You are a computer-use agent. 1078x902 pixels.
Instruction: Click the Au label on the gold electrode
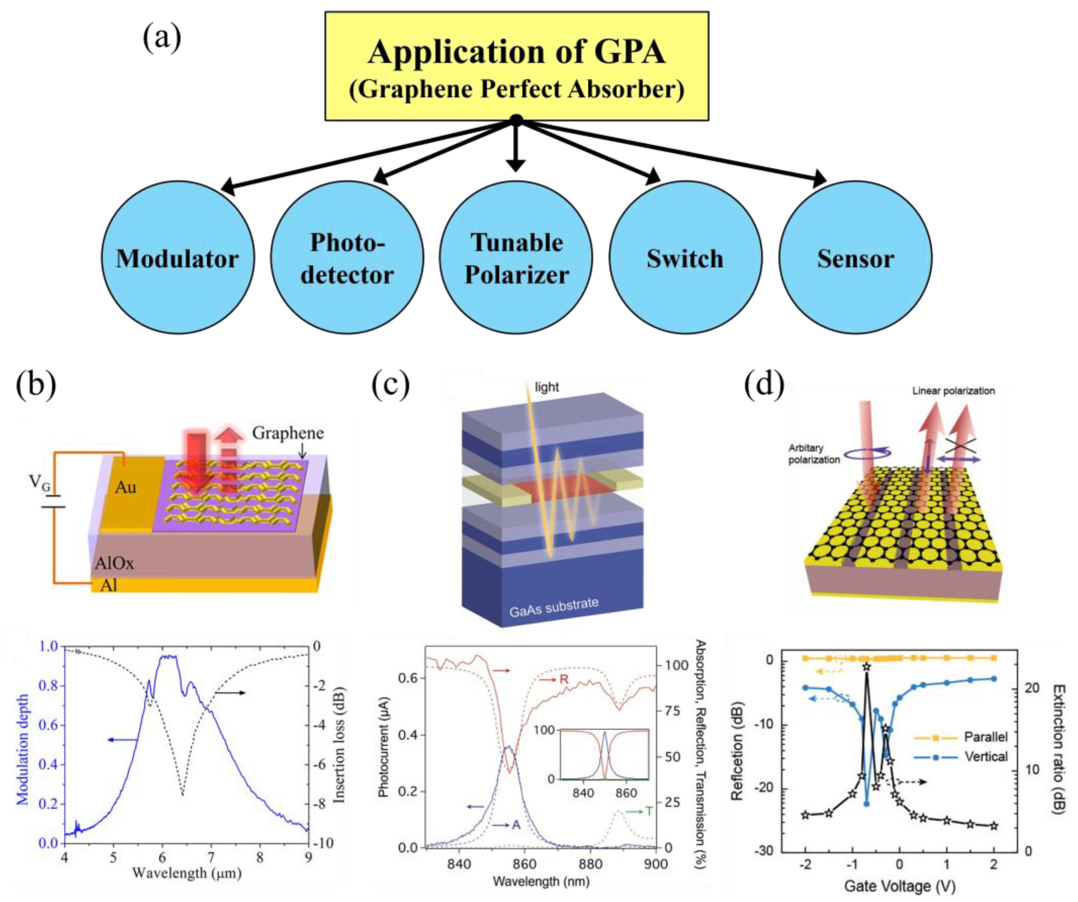pos(126,487)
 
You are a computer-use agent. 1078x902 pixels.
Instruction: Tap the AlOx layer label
pos(114,563)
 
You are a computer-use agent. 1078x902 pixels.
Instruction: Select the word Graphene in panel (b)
pos(288,433)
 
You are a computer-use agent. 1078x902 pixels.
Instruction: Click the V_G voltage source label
pos(39,482)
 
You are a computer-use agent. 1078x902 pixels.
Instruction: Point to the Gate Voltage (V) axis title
pos(899,885)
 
